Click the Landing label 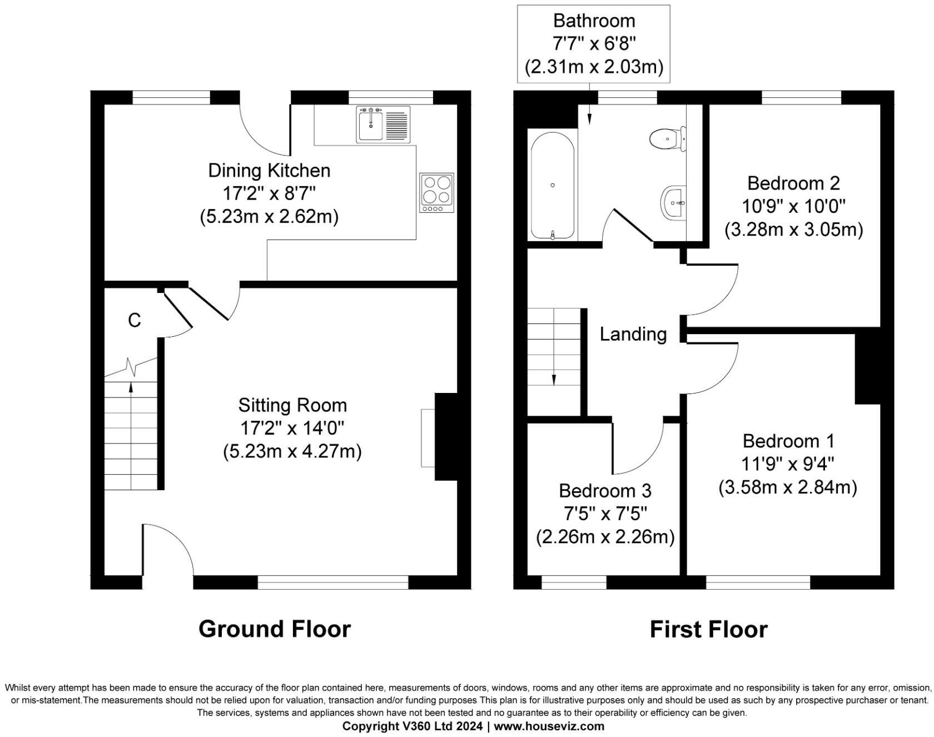point(633,334)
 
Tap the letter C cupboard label point(134,321)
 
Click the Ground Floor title point(275,629)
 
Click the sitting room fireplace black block point(446,436)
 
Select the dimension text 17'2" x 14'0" point(292,429)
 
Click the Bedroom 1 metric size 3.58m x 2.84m point(787,487)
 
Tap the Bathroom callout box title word point(594,21)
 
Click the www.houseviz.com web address point(549,726)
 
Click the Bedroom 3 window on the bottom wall point(574,582)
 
